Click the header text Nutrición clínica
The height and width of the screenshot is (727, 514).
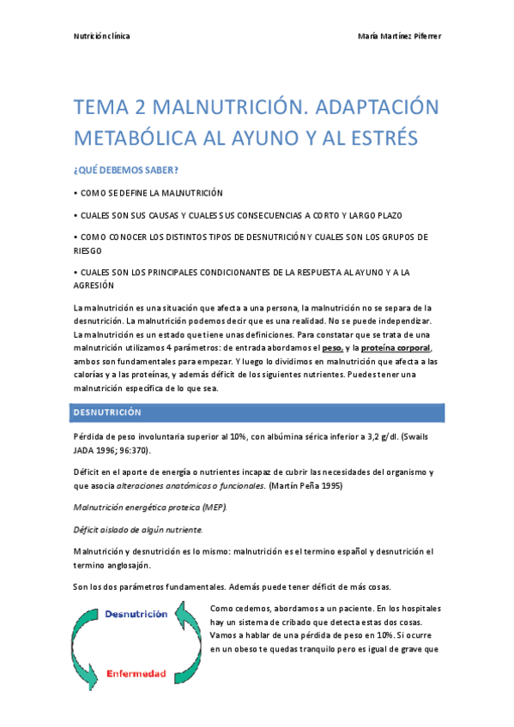(101, 37)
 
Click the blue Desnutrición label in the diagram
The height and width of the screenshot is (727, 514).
(136, 615)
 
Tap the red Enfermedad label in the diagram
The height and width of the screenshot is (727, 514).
(136, 673)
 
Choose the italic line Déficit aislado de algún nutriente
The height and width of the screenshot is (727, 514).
(137, 529)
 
